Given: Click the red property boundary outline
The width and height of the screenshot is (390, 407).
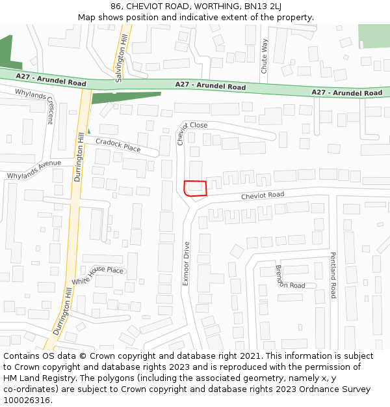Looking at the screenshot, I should [195, 188].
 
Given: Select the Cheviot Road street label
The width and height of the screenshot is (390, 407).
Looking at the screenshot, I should [263, 195].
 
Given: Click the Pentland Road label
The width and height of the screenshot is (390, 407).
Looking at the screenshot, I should [333, 275].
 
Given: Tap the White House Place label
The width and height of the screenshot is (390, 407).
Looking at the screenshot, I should [97, 275].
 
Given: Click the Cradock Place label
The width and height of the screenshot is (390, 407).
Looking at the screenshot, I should [118, 145].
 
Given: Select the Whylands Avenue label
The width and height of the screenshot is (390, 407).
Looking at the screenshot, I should [34, 170].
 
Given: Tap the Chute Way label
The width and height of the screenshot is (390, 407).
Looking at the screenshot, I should [264, 55].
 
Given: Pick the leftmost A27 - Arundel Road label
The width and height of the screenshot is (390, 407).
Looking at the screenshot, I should [51, 80].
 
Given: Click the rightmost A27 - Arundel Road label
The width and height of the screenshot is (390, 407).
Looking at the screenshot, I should [346, 92].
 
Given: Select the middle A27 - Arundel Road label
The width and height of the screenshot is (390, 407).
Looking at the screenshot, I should [211, 86].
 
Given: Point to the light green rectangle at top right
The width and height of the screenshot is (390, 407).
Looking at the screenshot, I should [374, 36].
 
